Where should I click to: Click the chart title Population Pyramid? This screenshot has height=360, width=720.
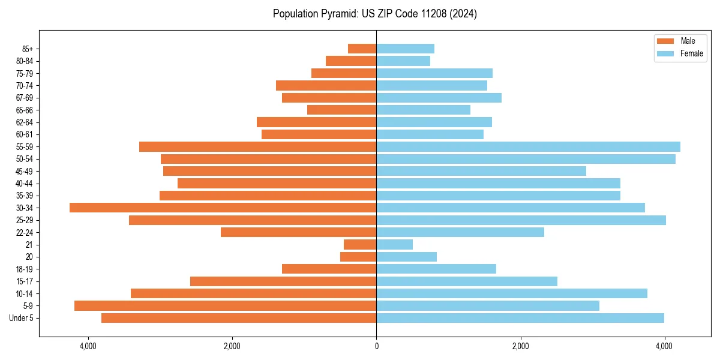coord(375,14)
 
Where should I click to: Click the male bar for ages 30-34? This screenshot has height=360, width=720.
coord(223,208)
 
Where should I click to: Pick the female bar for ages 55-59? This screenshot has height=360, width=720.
coord(528,146)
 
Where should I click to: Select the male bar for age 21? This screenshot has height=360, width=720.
coord(360,244)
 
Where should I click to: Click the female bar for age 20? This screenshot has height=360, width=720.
coord(406,257)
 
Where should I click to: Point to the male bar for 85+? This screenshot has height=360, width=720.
coord(362,49)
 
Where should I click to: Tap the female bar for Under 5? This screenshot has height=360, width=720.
coord(520,318)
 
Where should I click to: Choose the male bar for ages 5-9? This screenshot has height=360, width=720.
coord(225,305)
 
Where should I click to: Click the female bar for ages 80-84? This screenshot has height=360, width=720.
coord(403,61)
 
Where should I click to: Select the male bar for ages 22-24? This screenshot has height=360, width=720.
coord(298,232)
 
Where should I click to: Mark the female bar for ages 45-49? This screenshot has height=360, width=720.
coord(481,171)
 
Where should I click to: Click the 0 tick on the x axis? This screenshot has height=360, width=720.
coord(376,346)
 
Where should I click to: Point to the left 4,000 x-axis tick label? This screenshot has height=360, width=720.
coord(88,346)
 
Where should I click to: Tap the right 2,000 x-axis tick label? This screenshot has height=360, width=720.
coord(520,346)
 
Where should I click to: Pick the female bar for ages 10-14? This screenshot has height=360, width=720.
coord(512,293)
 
